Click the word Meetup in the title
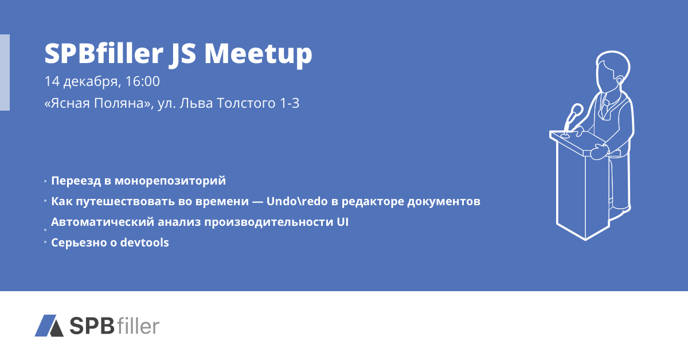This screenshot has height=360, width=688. click(x=259, y=54)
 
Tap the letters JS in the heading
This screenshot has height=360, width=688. click(x=182, y=54)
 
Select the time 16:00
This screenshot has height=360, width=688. click(x=143, y=81)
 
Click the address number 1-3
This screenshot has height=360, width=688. click(x=290, y=103)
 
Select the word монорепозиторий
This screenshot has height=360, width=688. click(x=170, y=181)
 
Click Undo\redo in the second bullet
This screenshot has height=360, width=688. click(x=293, y=201)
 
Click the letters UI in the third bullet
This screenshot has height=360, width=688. click(x=343, y=222)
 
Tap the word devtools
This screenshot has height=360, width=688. click(x=144, y=242)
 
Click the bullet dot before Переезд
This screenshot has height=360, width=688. click(x=45, y=181)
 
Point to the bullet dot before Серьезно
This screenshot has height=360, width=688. click(x=45, y=242)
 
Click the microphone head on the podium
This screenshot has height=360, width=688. click(x=577, y=109)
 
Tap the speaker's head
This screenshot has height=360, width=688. click(x=613, y=70)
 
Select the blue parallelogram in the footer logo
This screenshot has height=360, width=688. click(x=45, y=325)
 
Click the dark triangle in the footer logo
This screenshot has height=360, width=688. click(x=57, y=329)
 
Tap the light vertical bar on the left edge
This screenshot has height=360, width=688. click(x=5, y=72)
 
